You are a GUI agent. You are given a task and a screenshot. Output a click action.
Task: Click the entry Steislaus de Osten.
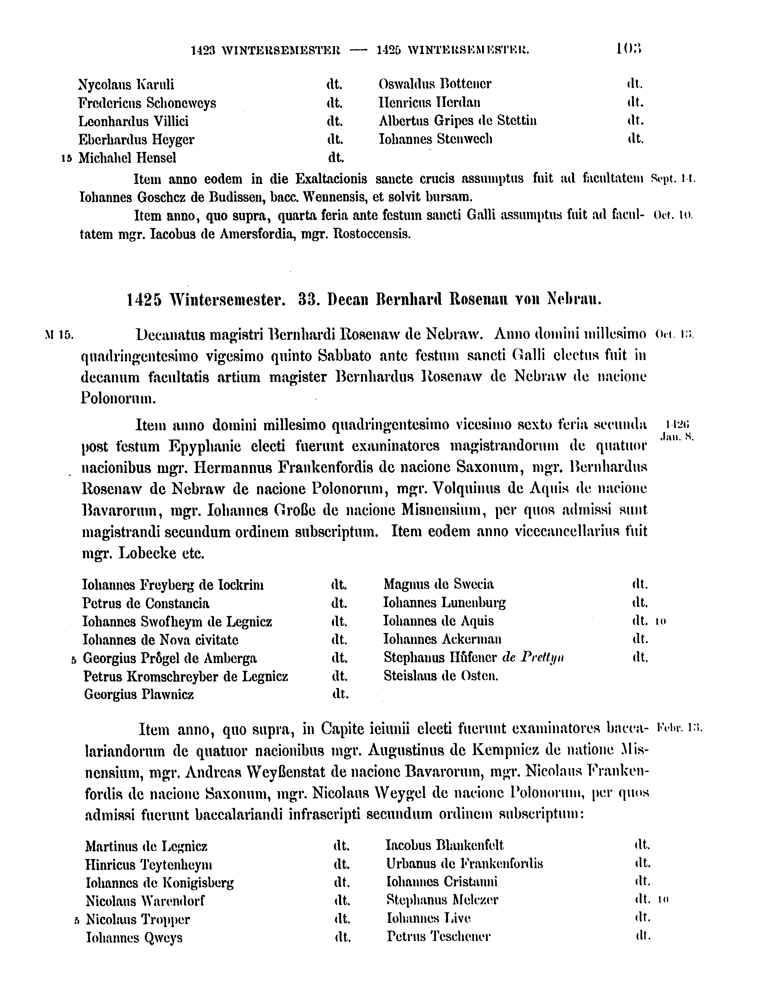[441, 676]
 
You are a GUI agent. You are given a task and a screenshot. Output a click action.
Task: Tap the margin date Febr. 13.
[679, 728]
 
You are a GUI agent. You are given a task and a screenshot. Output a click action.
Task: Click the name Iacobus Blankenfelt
[444, 845]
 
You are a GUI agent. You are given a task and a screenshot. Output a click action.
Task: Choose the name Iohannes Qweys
[134, 938]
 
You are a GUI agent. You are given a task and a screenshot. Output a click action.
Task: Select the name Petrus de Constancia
[145, 603]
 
